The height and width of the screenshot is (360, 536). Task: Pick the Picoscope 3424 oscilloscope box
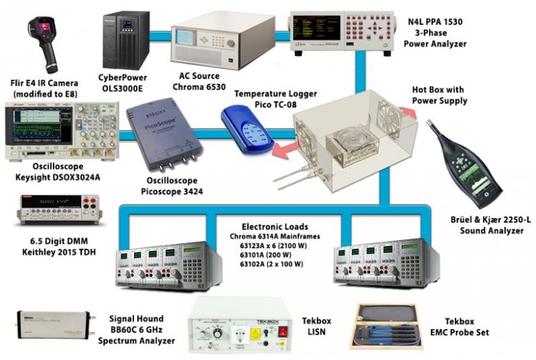point(169,138)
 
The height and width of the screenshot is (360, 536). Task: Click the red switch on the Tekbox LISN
point(282,330)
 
